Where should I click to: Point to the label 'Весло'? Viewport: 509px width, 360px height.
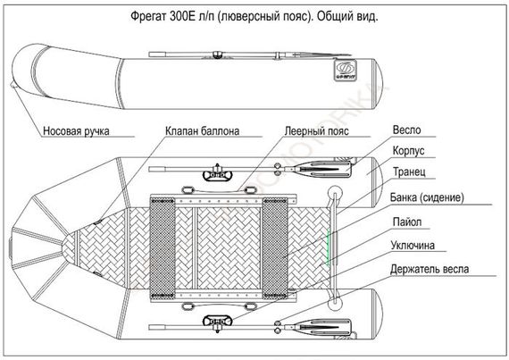pyautogui.click(x=406, y=130)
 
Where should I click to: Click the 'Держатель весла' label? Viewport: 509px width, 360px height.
pyautogui.click(x=433, y=268)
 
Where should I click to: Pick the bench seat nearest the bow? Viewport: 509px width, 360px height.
pyautogui.click(x=164, y=246)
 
